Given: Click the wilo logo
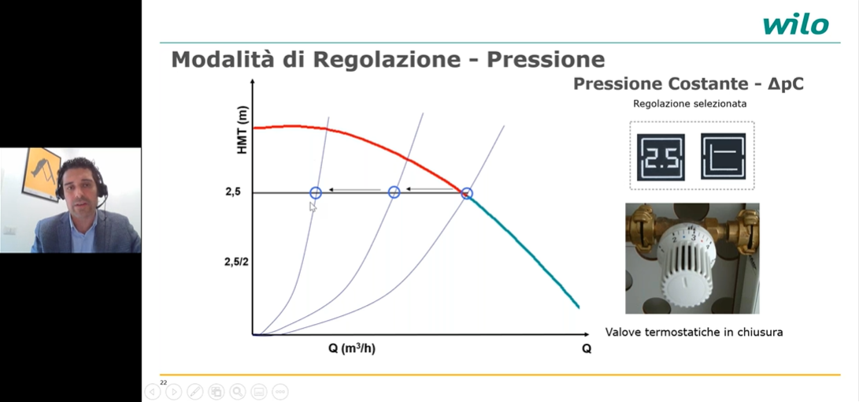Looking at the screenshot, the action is coord(795,25).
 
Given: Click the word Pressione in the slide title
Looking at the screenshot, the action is coord(546,59).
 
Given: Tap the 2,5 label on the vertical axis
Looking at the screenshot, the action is coord(233,192).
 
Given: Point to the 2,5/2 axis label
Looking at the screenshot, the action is coord(236,262).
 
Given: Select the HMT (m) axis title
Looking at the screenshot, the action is coord(243,131).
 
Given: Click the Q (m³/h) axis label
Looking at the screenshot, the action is coord(352,349).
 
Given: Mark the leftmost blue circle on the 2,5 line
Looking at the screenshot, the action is coord(316,192).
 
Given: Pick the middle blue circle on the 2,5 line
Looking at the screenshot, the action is coord(394,192).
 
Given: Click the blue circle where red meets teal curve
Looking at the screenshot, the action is coord(466,193).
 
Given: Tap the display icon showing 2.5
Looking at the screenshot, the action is coord(661,157).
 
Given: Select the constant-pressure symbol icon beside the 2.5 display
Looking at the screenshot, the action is coord(723,157).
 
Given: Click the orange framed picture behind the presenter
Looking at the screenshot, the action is coord(40,174).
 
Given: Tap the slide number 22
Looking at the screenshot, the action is coord(163,382).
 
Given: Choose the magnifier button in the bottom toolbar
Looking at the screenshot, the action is coord(237,392).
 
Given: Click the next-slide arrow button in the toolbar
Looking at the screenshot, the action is coord(174,392).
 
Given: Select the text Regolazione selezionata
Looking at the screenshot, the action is coord(690,104).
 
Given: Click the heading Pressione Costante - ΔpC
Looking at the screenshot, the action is coord(689,84).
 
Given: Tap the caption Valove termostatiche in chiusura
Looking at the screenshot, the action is coord(694,332).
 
